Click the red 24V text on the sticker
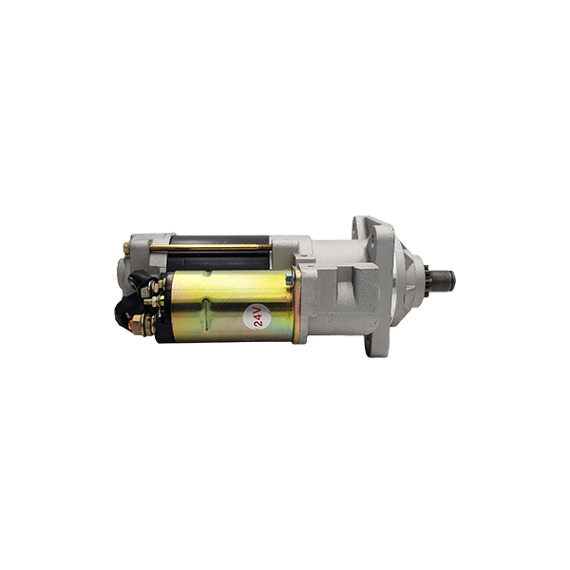pos(257,316)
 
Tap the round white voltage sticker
pos(257,316)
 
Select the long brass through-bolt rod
pos(211,247)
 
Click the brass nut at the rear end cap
pos(126,248)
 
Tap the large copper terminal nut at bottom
pos(138,325)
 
